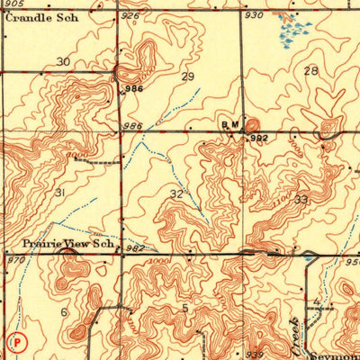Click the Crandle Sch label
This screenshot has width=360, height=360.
(x=41, y=17)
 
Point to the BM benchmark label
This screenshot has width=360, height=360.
(x=229, y=127)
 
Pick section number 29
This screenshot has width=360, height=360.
(x=188, y=77)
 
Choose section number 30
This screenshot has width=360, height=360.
(x=63, y=62)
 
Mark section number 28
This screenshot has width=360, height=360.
(x=311, y=71)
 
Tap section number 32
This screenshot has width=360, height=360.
(x=176, y=193)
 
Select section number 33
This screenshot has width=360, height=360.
(x=301, y=199)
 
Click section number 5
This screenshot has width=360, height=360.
(x=184, y=309)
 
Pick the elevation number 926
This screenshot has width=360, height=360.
(x=131, y=16)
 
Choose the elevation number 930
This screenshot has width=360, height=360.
(x=255, y=16)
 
